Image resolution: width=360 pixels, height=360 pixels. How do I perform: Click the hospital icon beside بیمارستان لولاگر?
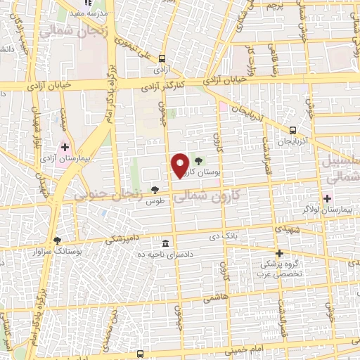click(x=328, y=198)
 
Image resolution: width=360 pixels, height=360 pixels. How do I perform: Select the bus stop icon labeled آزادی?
click(x=162, y=59)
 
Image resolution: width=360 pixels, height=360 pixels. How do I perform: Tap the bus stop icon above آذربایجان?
click(x=293, y=129)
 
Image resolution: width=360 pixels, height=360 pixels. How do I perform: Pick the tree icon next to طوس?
click(x=155, y=190)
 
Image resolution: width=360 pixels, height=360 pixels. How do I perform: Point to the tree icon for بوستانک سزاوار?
click(x=57, y=240)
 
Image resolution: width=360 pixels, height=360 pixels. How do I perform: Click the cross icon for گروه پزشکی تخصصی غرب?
click(x=279, y=253)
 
